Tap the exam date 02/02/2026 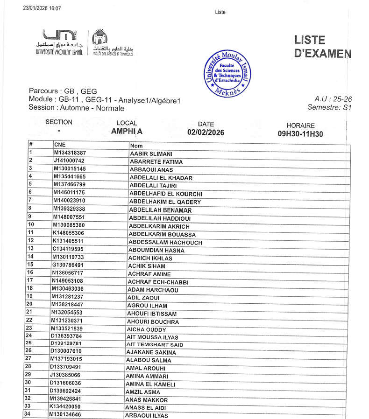[x=206, y=133]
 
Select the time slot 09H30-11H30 [x=300, y=134]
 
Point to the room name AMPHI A [x=127, y=132]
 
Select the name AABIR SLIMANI [x=151, y=154]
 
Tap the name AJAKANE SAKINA [x=149, y=352]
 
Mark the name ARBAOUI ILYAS [x=146, y=416]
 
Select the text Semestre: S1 [x=329, y=107]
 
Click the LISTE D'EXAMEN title [x=322, y=47]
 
